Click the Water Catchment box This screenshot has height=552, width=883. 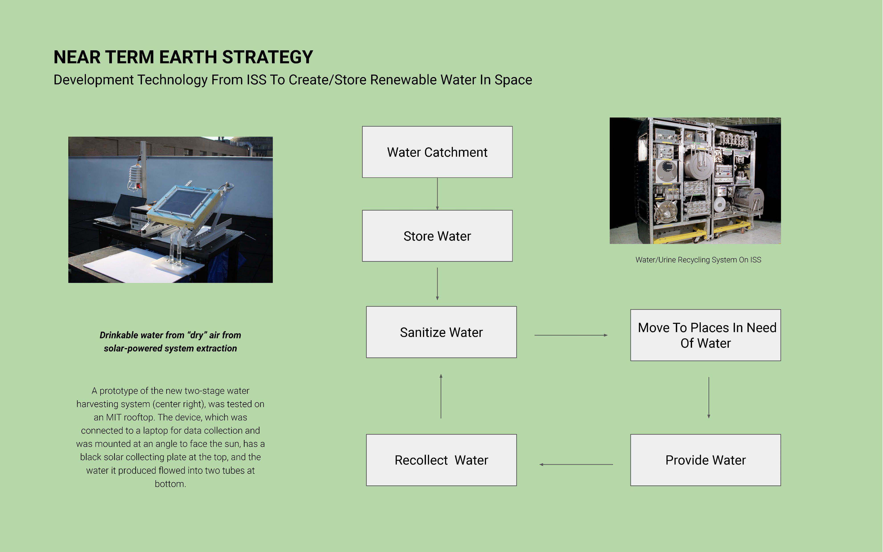click(x=437, y=152)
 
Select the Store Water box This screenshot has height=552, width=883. click(x=437, y=236)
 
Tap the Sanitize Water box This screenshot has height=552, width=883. click(x=441, y=332)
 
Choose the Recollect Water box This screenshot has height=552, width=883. click(x=441, y=460)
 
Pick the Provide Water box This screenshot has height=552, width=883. click(x=705, y=460)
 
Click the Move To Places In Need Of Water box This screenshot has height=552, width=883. click(x=705, y=335)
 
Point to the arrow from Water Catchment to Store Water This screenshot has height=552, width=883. click(x=437, y=194)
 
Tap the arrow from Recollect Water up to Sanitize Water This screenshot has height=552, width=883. click(x=441, y=396)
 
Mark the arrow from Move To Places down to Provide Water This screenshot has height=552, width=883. click(x=709, y=398)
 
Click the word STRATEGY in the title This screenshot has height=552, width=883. click(x=267, y=57)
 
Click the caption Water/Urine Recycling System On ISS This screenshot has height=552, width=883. click(x=698, y=260)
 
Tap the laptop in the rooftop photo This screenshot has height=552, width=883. click(x=120, y=210)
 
